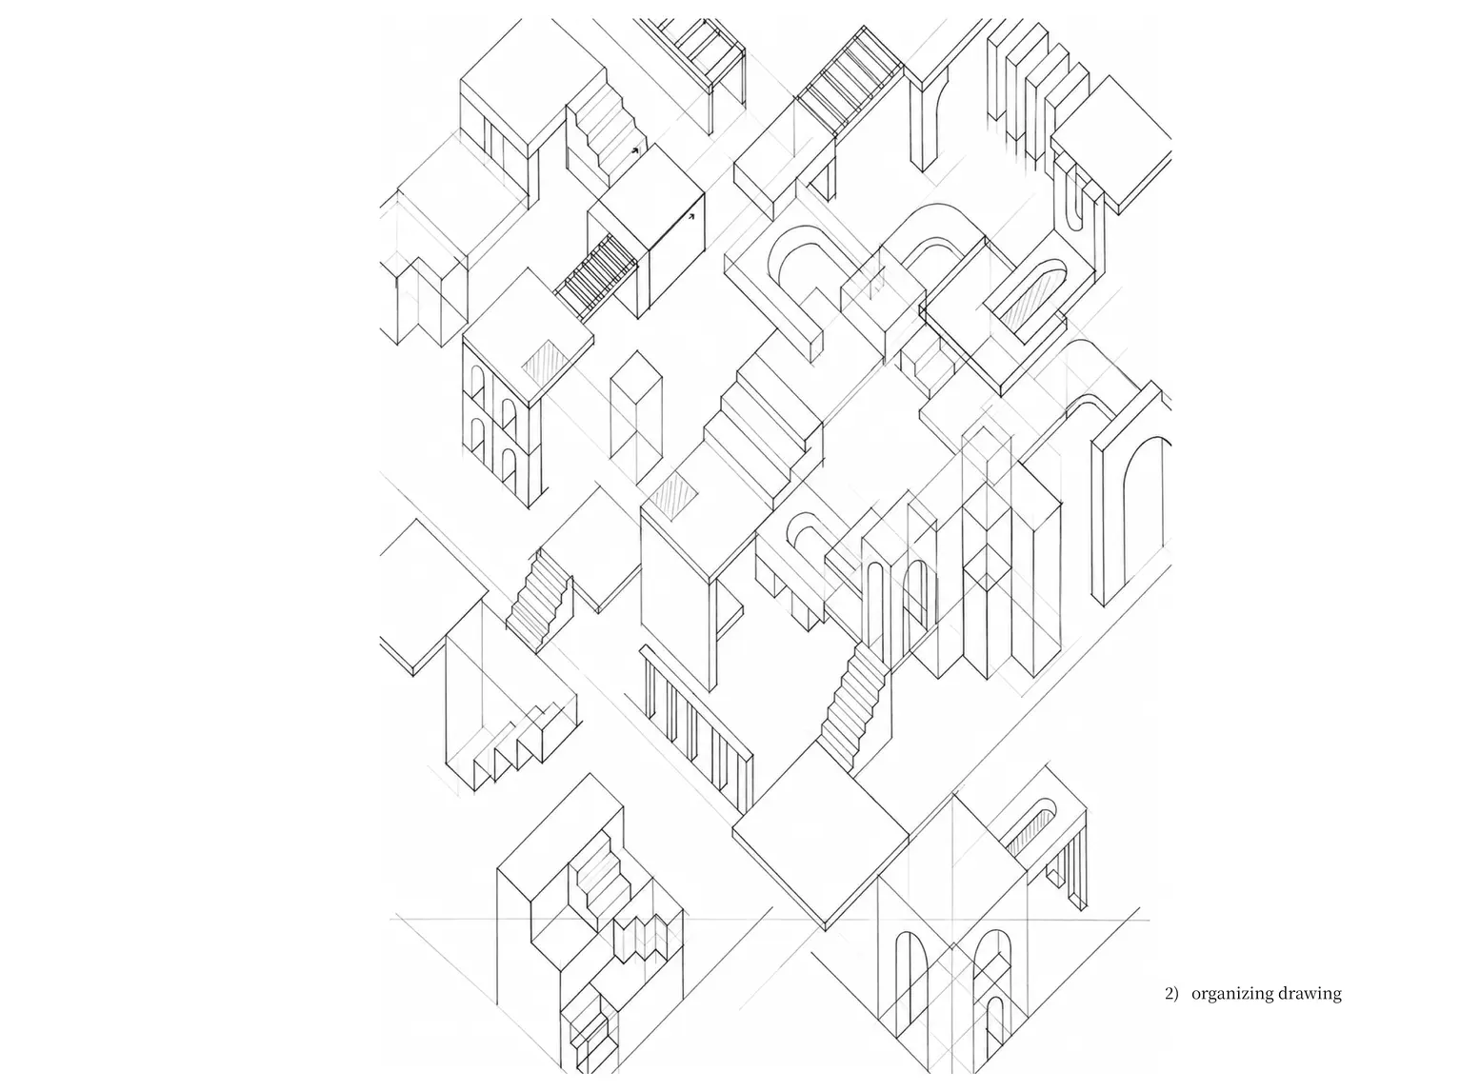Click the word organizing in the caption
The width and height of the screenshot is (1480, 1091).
pos(1233,995)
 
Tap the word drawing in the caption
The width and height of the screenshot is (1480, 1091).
pos(1310,995)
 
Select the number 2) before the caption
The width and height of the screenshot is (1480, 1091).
pos(1171,994)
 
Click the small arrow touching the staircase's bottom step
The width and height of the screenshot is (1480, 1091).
pos(635,150)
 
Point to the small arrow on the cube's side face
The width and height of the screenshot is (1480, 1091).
pos(691,215)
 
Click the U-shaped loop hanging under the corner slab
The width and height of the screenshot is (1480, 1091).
pos(1077,198)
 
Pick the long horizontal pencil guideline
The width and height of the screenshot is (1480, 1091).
pos(770,919)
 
